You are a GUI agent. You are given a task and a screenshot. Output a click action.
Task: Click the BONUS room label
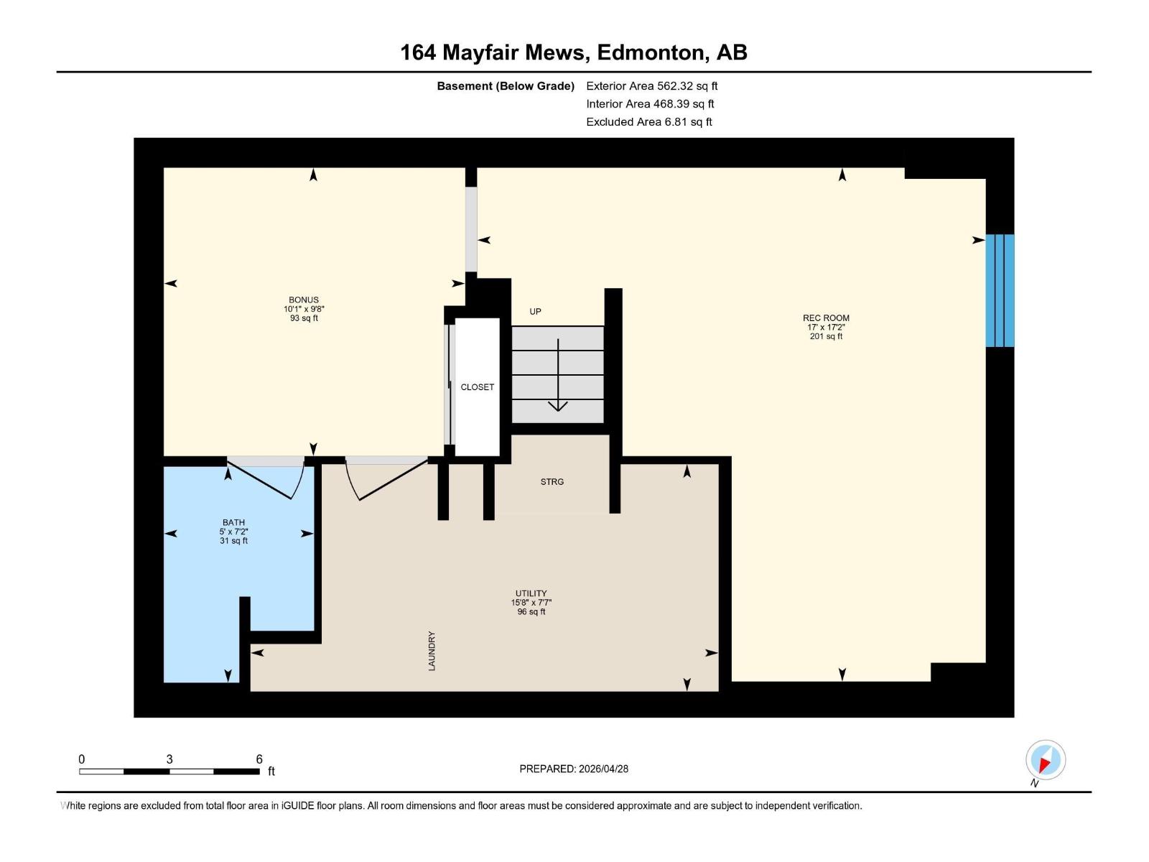coord(304,300)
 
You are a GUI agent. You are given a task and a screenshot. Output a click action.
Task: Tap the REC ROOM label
coord(826,318)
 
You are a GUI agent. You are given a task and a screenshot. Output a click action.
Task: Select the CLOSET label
coord(478,387)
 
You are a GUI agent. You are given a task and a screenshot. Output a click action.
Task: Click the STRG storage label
coord(552,482)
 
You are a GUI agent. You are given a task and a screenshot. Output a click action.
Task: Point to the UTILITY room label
coord(531,594)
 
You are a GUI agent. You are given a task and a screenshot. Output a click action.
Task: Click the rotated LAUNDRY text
coord(432,652)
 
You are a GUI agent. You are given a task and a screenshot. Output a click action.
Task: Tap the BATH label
coord(233,523)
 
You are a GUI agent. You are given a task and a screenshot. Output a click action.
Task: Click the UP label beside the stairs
coord(535,312)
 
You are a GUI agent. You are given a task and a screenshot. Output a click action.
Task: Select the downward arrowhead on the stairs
coord(558,406)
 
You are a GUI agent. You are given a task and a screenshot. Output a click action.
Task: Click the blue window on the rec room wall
coord(1000,290)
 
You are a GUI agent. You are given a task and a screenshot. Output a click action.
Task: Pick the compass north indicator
coord(1045,760)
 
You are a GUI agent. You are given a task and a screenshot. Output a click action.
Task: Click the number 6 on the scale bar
coord(259,759)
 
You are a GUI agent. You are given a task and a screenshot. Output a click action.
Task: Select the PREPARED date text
coord(574,769)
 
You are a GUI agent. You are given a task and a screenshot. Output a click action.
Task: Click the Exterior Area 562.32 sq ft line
coord(651,86)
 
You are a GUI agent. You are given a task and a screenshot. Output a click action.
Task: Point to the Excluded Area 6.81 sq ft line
coord(648,122)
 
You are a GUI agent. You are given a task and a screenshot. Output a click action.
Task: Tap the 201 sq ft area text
coord(826,336)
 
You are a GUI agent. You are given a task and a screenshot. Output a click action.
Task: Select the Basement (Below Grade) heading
coord(506,86)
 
